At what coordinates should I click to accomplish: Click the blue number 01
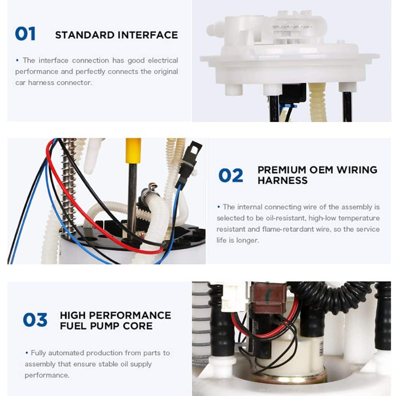(x=25, y=34)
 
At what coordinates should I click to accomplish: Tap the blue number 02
(x=231, y=175)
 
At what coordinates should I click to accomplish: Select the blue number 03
(x=35, y=320)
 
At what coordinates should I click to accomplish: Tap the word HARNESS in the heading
(x=283, y=181)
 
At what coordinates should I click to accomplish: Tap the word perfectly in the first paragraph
(x=90, y=72)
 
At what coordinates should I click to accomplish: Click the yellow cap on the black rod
(x=133, y=150)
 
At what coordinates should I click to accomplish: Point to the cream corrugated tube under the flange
(x=317, y=102)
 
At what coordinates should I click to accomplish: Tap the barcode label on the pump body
(x=321, y=349)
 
